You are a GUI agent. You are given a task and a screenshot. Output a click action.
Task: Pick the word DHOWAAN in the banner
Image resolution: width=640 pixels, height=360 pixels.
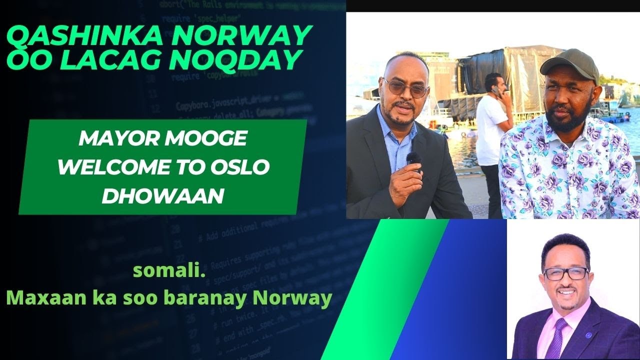click(162, 195)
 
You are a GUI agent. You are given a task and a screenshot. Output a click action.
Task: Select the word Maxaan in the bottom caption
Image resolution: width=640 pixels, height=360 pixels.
click(38, 299)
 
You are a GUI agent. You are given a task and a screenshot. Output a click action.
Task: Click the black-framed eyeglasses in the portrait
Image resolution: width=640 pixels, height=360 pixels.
click(565, 273)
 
